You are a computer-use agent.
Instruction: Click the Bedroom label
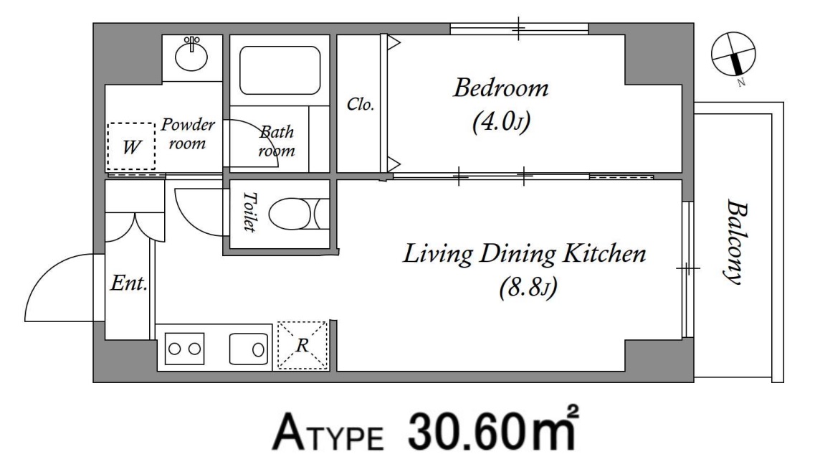click(x=500, y=88)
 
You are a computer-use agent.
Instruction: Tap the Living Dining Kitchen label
click(x=525, y=254)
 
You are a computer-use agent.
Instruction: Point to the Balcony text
click(x=737, y=242)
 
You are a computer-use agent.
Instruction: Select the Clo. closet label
click(x=361, y=104)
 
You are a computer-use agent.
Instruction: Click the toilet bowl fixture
click(x=299, y=214)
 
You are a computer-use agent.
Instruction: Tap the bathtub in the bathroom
click(x=280, y=70)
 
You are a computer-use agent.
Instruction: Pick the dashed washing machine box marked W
click(x=130, y=146)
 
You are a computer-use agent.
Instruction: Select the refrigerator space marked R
click(x=302, y=345)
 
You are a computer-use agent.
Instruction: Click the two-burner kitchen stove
click(x=185, y=349)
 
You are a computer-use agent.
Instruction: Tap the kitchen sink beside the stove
click(x=249, y=349)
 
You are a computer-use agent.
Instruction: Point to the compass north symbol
click(x=733, y=55)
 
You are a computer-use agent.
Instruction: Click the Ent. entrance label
click(x=128, y=283)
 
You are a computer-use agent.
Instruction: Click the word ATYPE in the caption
click(x=328, y=433)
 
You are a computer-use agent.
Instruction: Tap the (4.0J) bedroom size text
click(x=501, y=122)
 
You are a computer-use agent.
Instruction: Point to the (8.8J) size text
click(x=528, y=287)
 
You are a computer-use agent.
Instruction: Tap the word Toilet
click(x=250, y=212)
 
